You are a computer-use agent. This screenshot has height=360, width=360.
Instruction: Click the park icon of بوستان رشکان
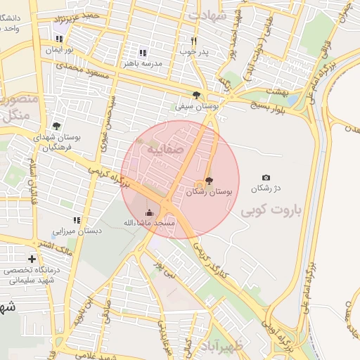click(208, 181)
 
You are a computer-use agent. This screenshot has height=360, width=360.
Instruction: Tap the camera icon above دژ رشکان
click(265, 178)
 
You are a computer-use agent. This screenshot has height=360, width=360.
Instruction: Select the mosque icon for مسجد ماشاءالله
click(149, 212)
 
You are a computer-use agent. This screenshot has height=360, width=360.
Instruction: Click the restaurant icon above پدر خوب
click(194, 41)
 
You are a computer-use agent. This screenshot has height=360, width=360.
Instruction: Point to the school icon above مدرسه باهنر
click(143, 53)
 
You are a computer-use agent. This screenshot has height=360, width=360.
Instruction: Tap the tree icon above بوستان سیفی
click(196, 95)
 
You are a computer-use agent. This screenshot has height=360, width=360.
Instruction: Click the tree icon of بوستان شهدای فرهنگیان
click(56, 127)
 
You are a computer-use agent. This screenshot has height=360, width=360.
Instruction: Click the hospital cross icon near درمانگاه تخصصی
click(32, 259)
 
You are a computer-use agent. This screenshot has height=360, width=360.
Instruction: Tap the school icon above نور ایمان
click(59, 39)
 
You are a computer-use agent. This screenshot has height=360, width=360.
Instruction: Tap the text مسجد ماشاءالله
click(149, 223)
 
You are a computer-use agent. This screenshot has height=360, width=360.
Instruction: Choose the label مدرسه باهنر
click(143, 63)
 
